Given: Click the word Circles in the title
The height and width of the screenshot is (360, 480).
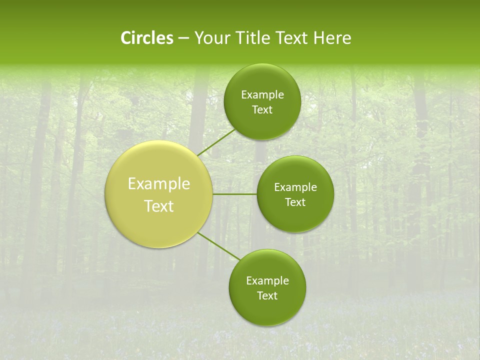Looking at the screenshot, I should [x=147, y=38].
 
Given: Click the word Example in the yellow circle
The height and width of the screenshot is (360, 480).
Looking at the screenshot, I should [x=159, y=184].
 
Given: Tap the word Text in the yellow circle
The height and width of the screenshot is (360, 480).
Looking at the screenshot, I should [x=159, y=206].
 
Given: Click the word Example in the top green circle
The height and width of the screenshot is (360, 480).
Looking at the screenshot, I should [x=262, y=95].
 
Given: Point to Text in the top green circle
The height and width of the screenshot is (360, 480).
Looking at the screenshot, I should [x=262, y=110].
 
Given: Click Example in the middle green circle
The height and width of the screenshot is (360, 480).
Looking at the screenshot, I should [x=295, y=187].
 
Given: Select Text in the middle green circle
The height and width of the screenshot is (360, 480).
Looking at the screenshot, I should [x=295, y=202].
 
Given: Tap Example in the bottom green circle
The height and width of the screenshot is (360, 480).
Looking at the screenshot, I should [x=267, y=281].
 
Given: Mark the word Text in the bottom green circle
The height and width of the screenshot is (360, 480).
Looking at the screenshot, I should [x=267, y=296].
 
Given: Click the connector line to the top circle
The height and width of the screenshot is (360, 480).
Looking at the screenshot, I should [x=216, y=142].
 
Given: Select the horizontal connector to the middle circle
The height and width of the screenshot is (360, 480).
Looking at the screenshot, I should [x=235, y=194].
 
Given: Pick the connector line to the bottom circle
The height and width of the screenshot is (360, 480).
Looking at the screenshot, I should [x=219, y=246].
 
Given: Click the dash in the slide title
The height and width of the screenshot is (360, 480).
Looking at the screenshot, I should [x=183, y=38].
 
